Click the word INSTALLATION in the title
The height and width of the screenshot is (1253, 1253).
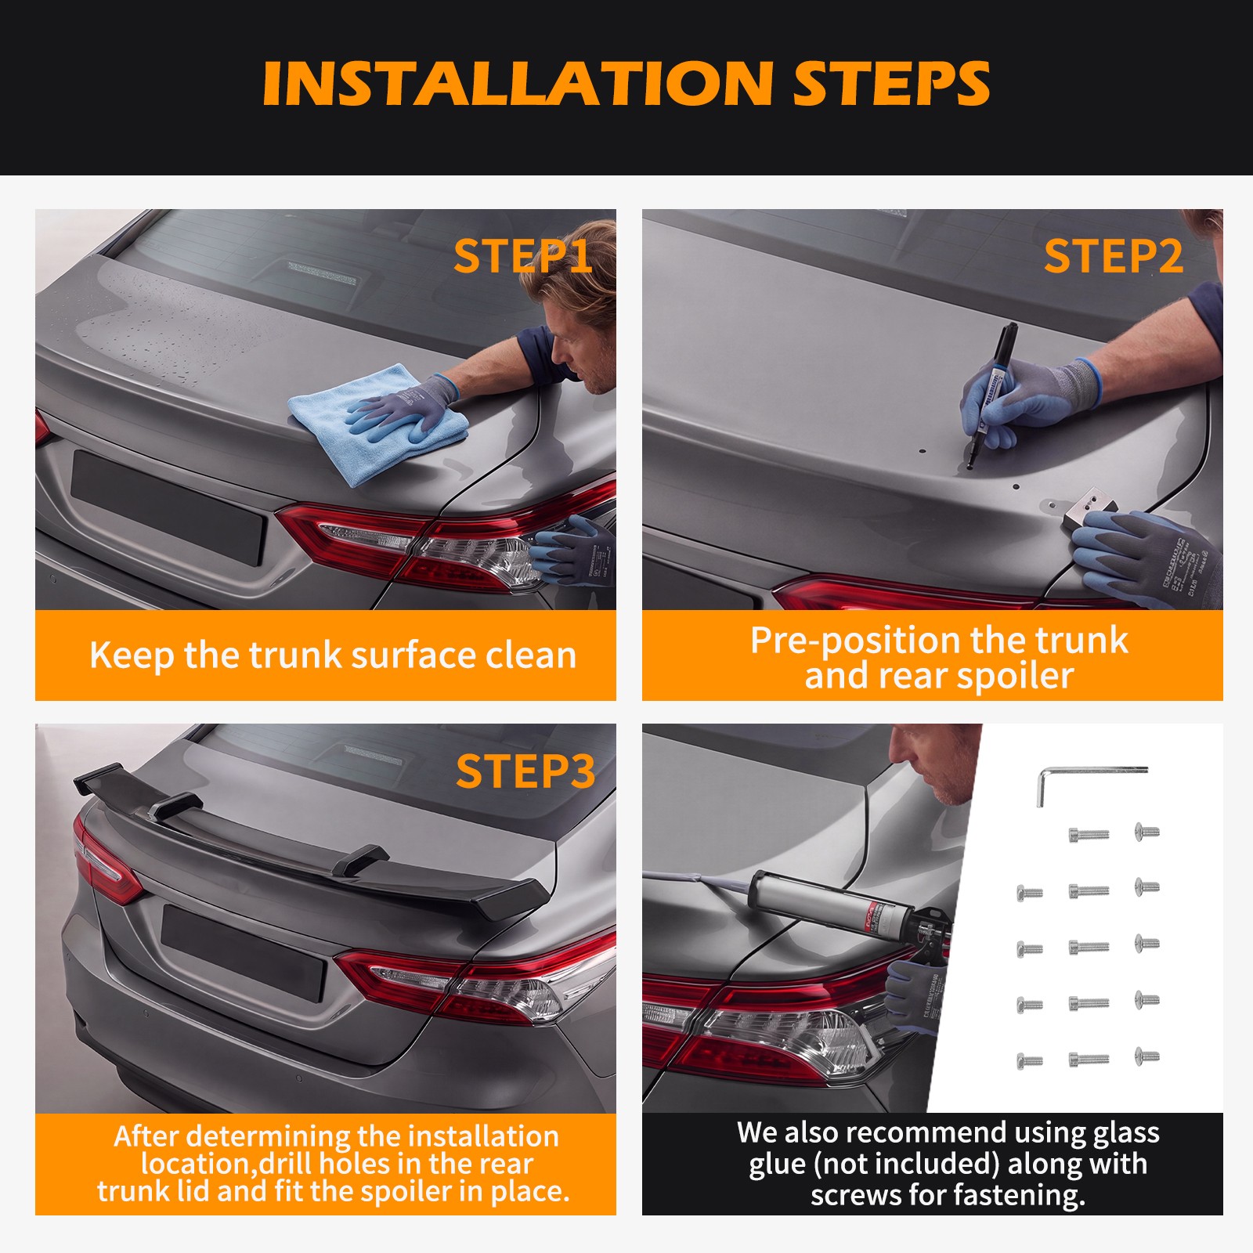pyautogui.click(x=518, y=83)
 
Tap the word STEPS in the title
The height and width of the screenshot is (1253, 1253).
pyautogui.click(x=891, y=83)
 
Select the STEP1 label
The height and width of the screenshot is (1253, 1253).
pyautogui.click(x=522, y=256)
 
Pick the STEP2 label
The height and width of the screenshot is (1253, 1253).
pyautogui.click(x=1113, y=256)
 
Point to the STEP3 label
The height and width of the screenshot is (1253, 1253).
pyautogui.click(x=525, y=771)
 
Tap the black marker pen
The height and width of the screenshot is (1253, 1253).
pyautogui.click(x=990, y=395)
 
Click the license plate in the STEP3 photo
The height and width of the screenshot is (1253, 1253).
pyautogui.click(x=243, y=951)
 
